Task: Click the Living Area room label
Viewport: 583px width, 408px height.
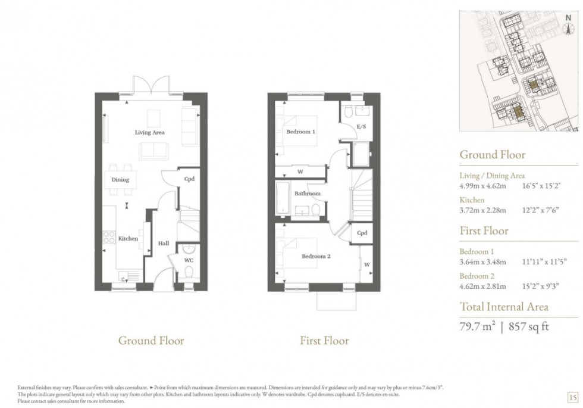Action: pyautogui.click(x=149, y=132)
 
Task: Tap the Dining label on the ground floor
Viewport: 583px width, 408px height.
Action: pyautogui.click(x=120, y=179)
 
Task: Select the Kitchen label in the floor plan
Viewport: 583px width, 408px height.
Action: pyautogui.click(x=128, y=238)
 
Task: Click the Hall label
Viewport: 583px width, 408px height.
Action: pyautogui.click(x=164, y=243)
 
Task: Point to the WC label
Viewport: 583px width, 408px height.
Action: pyautogui.click(x=189, y=260)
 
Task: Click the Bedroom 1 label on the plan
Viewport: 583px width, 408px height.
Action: pyautogui.click(x=300, y=132)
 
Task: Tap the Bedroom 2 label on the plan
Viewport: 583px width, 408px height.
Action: pyautogui.click(x=316, y=256)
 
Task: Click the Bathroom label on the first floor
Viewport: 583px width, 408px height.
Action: pyautogui.click(x=307, y=194)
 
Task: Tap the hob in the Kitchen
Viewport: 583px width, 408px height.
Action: pyautogui.click(x=110, y=238)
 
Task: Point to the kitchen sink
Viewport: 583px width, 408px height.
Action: pyautogui.click(x=127, y=275)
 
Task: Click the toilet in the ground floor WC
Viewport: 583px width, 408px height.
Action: pyautogui.click(x=189, y=272)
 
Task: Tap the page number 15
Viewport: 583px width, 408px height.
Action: pyautogui.click(x=572, y=397)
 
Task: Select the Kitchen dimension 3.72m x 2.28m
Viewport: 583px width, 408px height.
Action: pyautogui.click(x=482, y=210)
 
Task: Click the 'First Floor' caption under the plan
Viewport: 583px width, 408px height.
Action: pyautogui.click(x=324, y=341)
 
